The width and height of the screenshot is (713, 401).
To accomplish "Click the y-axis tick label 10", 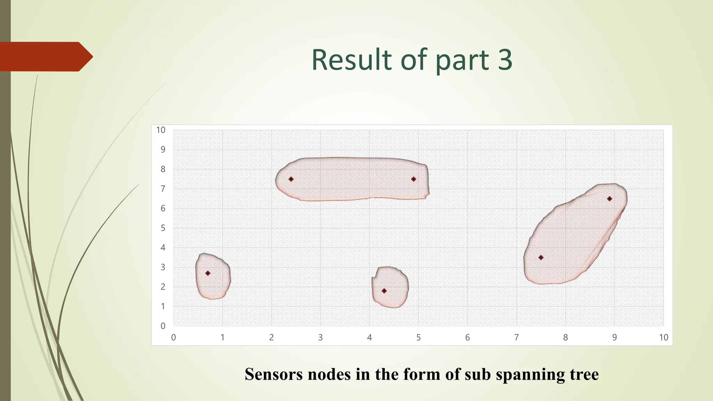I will tap(160, 130).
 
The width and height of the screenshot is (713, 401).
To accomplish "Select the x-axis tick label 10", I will tap(663, 337).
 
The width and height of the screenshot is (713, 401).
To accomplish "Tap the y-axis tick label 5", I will tap(163, 228).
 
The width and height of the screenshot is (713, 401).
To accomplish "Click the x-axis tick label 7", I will tap(516, 337).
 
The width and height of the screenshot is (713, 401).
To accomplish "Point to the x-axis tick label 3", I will tap(320, 337).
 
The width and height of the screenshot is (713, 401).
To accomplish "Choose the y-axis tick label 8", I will tap(163, 169).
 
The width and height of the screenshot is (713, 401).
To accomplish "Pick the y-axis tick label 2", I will tap(163, 287).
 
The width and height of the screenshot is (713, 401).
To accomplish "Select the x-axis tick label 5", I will tap(418, 337).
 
